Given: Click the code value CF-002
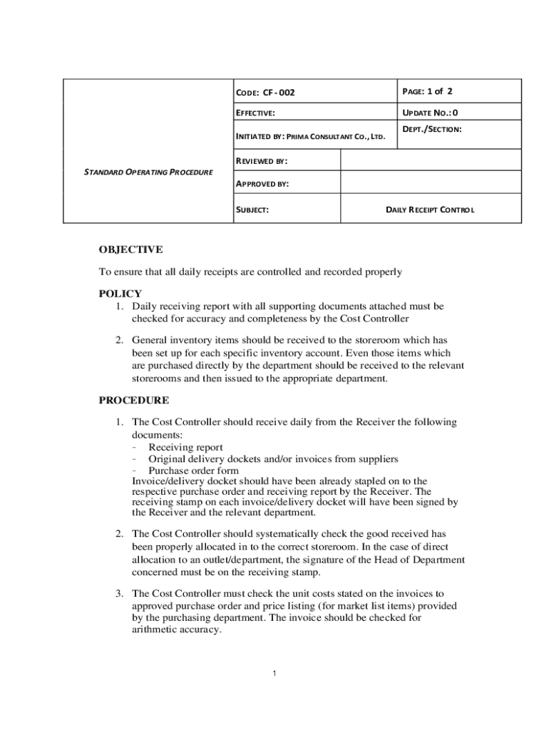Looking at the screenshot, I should pos(279,93).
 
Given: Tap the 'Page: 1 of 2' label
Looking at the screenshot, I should pos(428,91).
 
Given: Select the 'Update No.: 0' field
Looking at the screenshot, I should pos(431,113).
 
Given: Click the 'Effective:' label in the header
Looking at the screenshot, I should pos(255,113).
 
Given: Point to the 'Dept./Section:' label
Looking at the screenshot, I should pos(432,129).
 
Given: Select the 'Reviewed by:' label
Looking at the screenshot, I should pos(262,160).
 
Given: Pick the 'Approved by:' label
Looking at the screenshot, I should pos(262,184).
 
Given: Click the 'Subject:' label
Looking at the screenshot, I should pos(252,210).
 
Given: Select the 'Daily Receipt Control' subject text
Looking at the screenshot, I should pos(430,210).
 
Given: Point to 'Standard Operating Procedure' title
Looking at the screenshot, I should pos(148,173).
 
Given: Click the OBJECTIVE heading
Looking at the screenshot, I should pos(130,250).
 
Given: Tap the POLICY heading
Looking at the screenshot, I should pos(120,294).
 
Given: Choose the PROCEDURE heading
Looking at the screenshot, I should pos(133,401).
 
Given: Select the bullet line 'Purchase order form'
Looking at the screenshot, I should pos(193,471).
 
